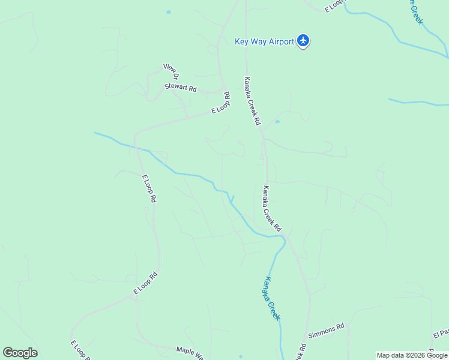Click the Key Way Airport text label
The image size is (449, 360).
[264, 41]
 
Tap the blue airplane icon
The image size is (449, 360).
[304, 41]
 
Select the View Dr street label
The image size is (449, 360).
[172, 71]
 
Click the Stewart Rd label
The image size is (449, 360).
[181, 88]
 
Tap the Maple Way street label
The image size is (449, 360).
[190, 351]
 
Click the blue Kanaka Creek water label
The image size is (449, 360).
[271, 298]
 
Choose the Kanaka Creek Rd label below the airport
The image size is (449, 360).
[253, 100]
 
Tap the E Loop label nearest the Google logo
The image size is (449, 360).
[80, 350]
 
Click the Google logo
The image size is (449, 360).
[20, 353]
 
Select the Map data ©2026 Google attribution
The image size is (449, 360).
[412, 355]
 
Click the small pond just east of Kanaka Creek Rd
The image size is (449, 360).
[277, 122]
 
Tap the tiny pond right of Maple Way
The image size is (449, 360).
[241, 356]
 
